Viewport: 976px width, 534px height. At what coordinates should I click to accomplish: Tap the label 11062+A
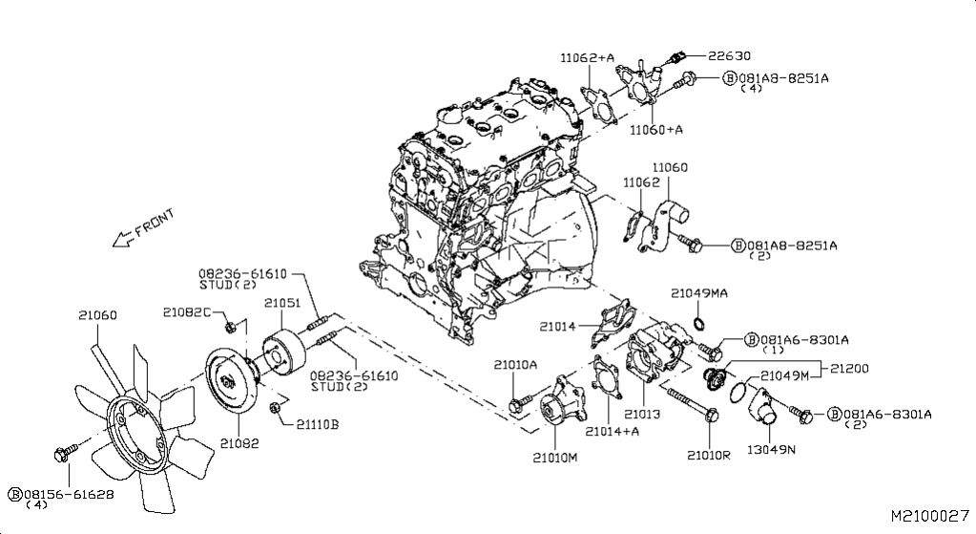point(588,57)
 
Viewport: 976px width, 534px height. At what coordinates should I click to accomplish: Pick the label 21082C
point(185,312)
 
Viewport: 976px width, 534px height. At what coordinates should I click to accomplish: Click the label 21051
point(282,303)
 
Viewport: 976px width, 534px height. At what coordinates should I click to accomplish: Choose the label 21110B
point(317,424)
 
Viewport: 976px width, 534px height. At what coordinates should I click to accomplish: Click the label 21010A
point(515,364)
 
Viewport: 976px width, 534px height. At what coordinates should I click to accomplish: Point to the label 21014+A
point(612,431)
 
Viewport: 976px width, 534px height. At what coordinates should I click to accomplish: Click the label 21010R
point(708,455)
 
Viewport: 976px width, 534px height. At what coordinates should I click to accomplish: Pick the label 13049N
point(772,450)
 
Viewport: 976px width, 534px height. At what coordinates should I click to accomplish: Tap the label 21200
point(849,367)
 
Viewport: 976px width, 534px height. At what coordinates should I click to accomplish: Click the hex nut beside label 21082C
point(230,329)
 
